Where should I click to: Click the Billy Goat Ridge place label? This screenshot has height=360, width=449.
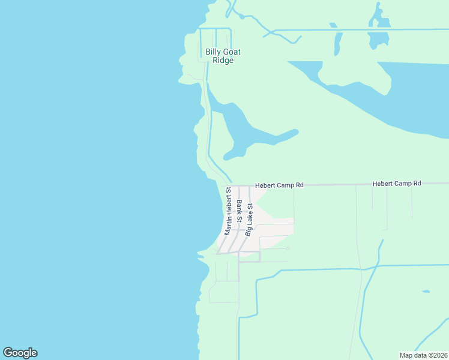coord(223,56)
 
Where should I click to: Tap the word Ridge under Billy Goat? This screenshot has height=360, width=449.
coord(223,61)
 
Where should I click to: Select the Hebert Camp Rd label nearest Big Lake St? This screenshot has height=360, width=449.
coord(279,186)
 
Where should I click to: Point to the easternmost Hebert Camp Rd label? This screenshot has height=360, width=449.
coord(397,183)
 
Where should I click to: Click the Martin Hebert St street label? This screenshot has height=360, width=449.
coord(228,211)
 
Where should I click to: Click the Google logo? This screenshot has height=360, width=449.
coord(20,353)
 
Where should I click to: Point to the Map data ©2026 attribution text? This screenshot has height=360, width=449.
coord(423,355)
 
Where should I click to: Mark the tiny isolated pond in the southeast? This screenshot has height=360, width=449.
coord(426,292)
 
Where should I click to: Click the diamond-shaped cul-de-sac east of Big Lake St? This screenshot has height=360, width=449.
coord(288,248)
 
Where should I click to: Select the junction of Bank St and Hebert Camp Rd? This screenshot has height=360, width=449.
coord(240,185)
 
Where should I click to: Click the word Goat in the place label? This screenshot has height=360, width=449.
coord(232,52)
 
